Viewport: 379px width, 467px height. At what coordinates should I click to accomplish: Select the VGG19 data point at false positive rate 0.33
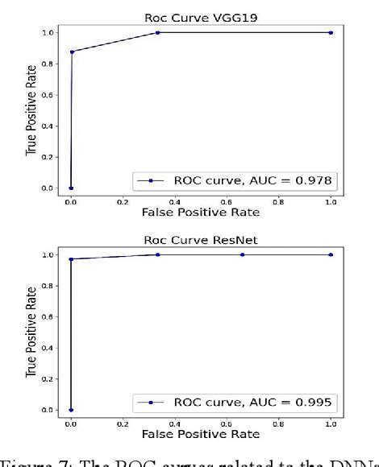click(x=157, y=32)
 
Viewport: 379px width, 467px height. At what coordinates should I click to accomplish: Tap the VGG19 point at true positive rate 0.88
click(x=72, y=52)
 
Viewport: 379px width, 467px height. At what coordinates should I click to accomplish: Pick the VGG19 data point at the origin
click(x=71, y=188)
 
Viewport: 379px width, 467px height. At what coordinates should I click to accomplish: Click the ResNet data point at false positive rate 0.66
click(x=243, y=254)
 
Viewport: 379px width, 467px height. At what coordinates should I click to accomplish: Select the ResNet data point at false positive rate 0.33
click(x=157, y=254)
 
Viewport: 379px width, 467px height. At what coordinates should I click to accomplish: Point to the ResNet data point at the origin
click(x=71, y=410)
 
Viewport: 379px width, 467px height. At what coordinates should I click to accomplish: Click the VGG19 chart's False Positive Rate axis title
click(x=200, y=212)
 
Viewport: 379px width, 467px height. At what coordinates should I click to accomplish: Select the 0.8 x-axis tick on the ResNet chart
click(x=278, y=422)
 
